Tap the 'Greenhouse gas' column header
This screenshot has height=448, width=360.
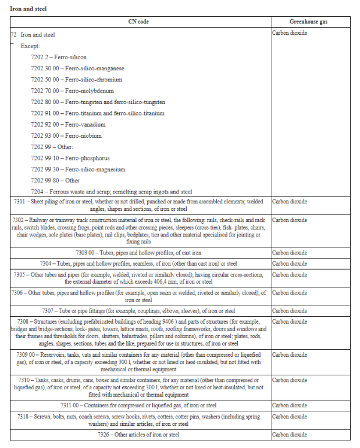[312, 21]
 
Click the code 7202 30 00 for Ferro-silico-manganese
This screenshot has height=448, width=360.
[45, 69]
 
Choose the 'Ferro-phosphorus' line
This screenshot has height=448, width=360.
[87, 158]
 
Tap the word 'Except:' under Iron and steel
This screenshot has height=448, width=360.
[30, 46]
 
